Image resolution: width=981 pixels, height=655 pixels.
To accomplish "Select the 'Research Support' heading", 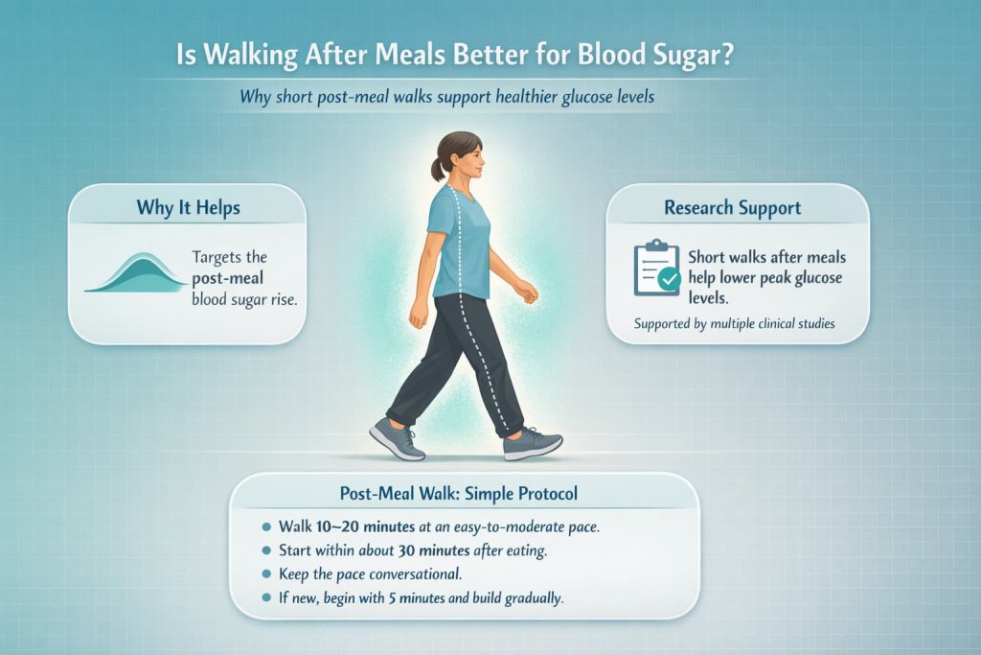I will [x=733, y=208].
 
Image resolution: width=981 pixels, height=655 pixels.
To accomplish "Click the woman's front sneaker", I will [x=534, y=443].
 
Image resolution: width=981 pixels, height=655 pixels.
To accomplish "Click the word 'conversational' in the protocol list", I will [x=426, y=574].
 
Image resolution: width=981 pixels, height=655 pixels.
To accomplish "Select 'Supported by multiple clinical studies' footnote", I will [x=734, y=323].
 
